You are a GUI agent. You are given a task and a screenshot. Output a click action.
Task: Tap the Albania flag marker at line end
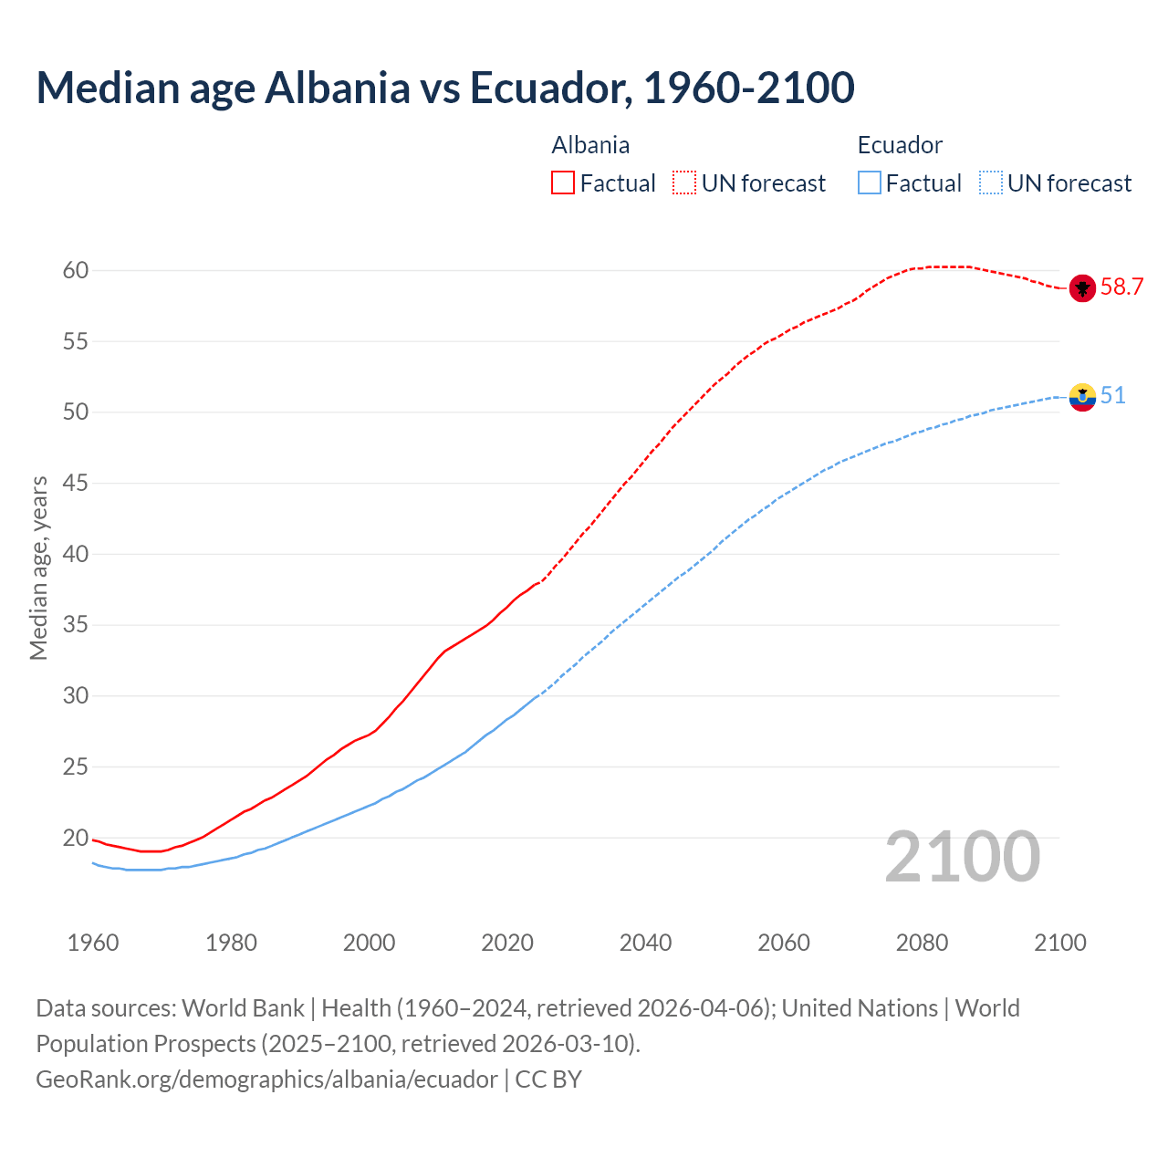coord(1082,288)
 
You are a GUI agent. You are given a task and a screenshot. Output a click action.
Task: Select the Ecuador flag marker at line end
coord(1082,397)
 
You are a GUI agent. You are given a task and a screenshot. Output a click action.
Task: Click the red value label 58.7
coord(1121,287)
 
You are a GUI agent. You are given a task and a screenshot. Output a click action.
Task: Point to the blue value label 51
coord(1112,396)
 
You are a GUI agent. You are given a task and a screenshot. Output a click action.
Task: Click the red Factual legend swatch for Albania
coord(563,183)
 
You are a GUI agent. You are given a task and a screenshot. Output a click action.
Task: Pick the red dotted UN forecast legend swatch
coord(684,183)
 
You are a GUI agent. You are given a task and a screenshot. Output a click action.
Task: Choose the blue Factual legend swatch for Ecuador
coord(870,183)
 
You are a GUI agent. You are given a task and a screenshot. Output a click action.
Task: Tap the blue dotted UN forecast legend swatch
coord(991,183)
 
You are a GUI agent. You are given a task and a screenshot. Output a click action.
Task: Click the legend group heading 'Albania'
coord(590,145)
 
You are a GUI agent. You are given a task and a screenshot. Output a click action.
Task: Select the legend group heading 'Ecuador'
coord(900,145)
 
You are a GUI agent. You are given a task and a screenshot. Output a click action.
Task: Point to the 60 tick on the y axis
coord(76,270)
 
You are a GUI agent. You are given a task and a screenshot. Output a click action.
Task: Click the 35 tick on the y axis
coord(76,625)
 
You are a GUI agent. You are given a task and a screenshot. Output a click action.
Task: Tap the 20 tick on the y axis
coord(76,838)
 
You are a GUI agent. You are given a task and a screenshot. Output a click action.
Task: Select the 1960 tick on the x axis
coord(93,943)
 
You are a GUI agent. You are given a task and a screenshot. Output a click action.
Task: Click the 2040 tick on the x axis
coord(645,943)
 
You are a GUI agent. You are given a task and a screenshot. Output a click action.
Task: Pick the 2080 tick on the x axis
coord(922,943)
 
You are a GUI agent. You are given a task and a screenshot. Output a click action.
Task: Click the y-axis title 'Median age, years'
coord(38,568)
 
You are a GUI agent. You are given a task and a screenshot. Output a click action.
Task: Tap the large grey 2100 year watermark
coord(963,857)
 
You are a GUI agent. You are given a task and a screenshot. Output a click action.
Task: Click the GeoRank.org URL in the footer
coord(266,1079)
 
